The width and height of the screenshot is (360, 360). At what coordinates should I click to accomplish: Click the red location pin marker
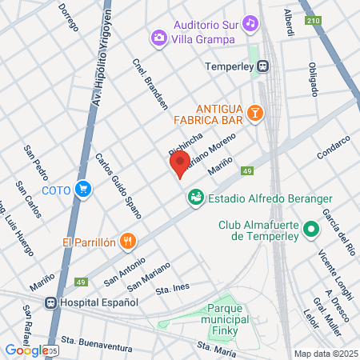(x=179, y=164)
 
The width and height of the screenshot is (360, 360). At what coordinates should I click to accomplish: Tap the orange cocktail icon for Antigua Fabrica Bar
(x=254, y=113)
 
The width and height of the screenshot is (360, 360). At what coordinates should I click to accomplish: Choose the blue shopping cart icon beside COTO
(x=82, y=190)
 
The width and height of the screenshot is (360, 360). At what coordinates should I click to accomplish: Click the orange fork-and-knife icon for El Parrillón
(x=127, y=241)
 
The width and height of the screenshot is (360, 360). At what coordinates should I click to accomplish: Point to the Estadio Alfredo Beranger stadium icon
(x=194, y=196)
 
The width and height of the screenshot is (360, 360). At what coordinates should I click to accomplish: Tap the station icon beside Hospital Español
(x=51, y=302)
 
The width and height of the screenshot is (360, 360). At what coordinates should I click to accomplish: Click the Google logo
(x=26, y=349)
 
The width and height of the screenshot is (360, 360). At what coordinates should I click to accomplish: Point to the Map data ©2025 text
(x=326, y=354)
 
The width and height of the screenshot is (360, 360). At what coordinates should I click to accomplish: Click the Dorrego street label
(x=68, y=16)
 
